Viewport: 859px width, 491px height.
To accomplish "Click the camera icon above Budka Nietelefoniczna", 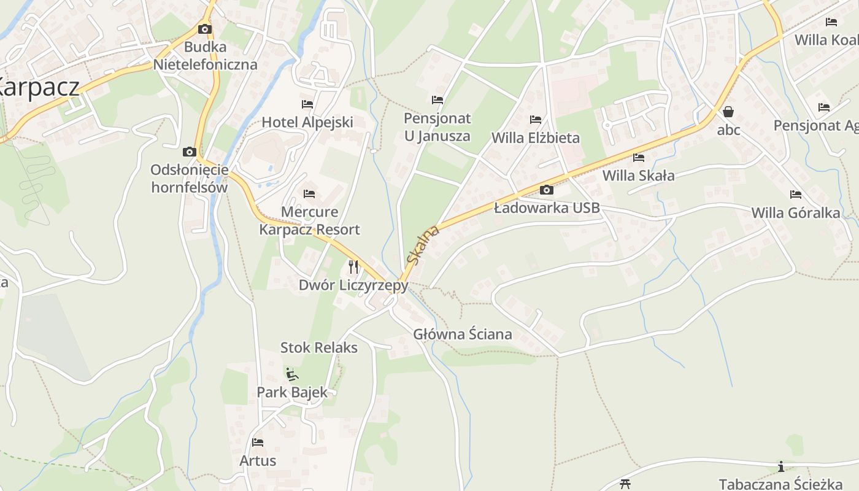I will pos(205,29).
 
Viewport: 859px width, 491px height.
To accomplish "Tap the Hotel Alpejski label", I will pos(307,122).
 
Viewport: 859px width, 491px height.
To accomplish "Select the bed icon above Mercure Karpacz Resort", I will pos(309,194).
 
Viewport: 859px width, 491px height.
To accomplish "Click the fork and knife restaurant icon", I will pos(353,266).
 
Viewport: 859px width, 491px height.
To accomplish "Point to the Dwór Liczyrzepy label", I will pos(353,285).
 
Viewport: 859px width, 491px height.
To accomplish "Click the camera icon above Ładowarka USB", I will pos(547,190).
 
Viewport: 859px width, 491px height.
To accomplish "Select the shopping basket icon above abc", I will pos(728,112).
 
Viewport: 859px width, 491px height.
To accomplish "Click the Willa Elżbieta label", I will pos(536,137).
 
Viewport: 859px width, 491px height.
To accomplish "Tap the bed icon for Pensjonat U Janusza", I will pos(437,99).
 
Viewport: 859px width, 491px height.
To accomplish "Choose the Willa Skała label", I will pos(638,176).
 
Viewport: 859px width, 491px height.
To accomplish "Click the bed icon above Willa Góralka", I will pos(796,195).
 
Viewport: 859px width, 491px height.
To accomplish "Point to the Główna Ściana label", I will pos(463,334).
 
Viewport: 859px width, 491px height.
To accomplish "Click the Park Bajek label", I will pos(292,392).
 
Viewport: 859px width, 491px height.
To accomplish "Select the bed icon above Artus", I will pos(258,442).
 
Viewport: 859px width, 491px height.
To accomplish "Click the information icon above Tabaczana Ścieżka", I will pos(781,466).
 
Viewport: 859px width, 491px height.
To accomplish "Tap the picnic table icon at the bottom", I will pos(625,484).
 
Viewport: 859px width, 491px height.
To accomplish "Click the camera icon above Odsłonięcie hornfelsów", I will pos(190,152).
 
